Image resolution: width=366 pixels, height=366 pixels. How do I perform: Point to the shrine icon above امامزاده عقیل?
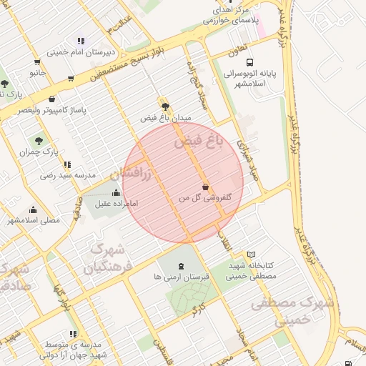tap(117, 192)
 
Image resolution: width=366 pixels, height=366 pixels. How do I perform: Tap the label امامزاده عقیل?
tap(116, 204)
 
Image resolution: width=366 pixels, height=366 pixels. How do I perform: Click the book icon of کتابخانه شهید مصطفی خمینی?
tap(251, 254)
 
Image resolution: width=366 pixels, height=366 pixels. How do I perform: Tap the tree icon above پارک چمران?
tap(38, 141)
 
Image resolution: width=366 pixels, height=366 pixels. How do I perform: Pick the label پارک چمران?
tap(39, 152)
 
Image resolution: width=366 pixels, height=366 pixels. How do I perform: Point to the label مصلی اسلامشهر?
tap(34, 221)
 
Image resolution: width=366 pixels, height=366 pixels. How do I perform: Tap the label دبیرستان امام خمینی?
tap(81, 52)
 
